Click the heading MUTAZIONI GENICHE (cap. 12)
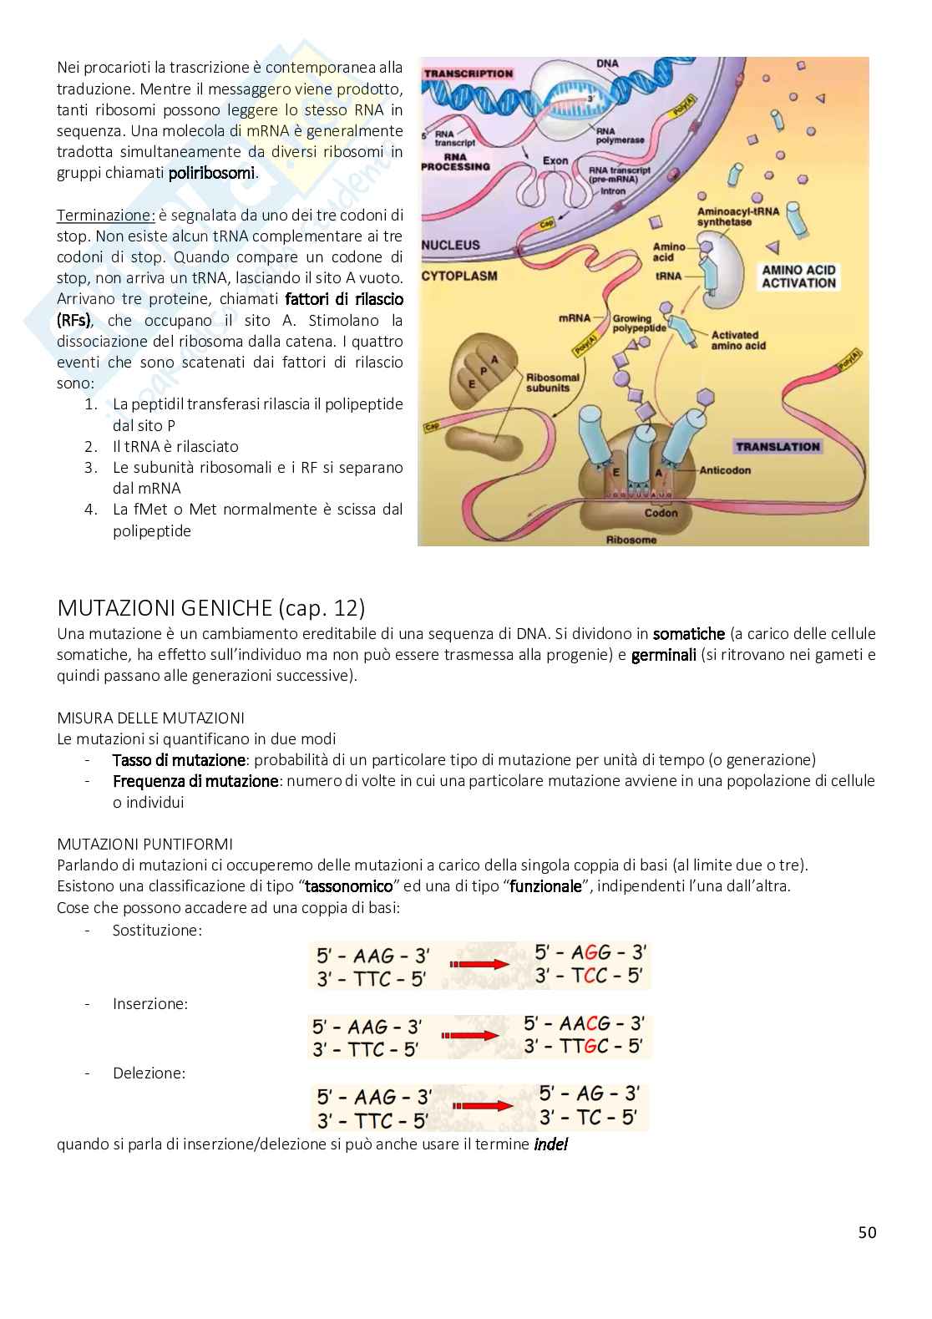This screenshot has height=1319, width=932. point(211,607)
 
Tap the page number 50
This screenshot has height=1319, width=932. point(867,1232)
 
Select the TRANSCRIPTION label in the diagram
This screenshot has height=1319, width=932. point(469,74)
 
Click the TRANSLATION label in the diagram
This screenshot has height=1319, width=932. point(778,446)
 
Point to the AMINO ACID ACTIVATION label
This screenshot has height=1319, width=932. point(798,276)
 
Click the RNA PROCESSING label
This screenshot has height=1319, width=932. point(455,161)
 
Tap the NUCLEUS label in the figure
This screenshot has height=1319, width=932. point(451,245)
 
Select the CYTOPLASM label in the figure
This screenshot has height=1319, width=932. point(459,276)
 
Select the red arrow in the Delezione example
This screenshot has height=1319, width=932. point(484,1106)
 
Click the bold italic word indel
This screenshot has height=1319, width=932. point(550,1144)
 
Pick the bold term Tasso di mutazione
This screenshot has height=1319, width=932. point(179,760)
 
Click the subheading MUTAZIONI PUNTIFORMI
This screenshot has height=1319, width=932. point(144,844)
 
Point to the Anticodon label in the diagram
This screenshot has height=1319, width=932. point(725,470)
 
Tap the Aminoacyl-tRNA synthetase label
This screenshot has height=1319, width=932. point(737,216)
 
